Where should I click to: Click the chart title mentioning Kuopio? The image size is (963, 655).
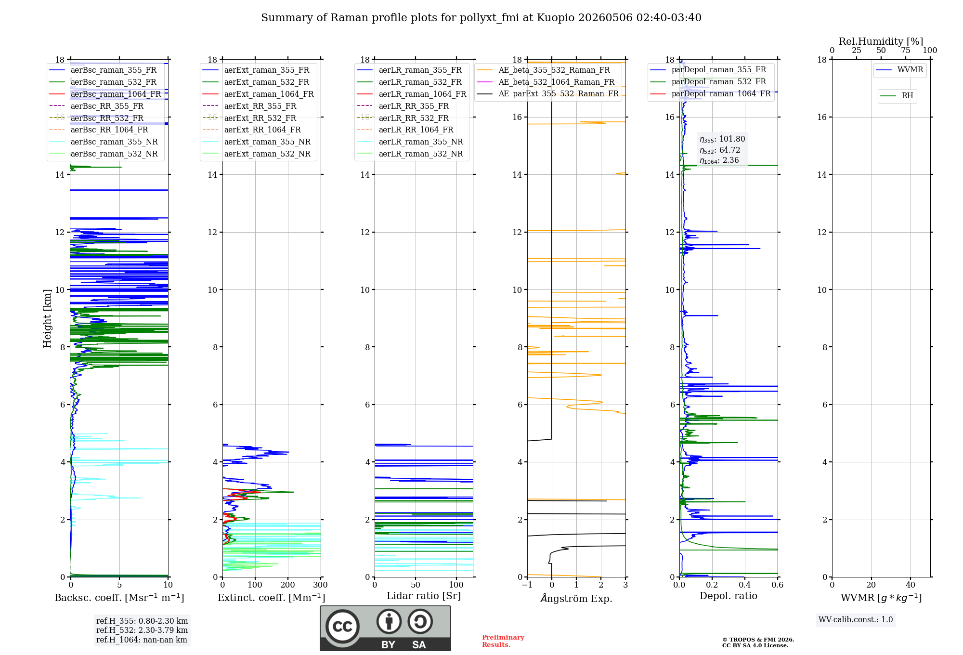tap(481, 18)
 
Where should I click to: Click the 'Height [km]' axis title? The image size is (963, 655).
tap(47, 318)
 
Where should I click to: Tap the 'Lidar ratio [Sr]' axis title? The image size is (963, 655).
tap(424, 596)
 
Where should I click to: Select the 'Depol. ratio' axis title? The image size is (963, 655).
tap(729, 596)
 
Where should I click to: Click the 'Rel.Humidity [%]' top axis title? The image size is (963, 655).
tap(881, 41)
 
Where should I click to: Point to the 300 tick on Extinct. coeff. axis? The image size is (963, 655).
tap(321, 585)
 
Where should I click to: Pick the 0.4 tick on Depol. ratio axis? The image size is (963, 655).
tap(745, 585)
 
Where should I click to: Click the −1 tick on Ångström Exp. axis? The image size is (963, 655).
tap(527, 585)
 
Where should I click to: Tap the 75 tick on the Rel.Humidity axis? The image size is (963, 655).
tap(906, 51)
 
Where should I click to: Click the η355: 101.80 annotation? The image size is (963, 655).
tap(722, 139)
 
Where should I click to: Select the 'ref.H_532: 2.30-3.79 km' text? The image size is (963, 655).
tap(142, 630)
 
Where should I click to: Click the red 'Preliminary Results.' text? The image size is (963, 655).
tap(503, 641)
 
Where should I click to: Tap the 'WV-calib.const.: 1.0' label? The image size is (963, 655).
tap(856, 620)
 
